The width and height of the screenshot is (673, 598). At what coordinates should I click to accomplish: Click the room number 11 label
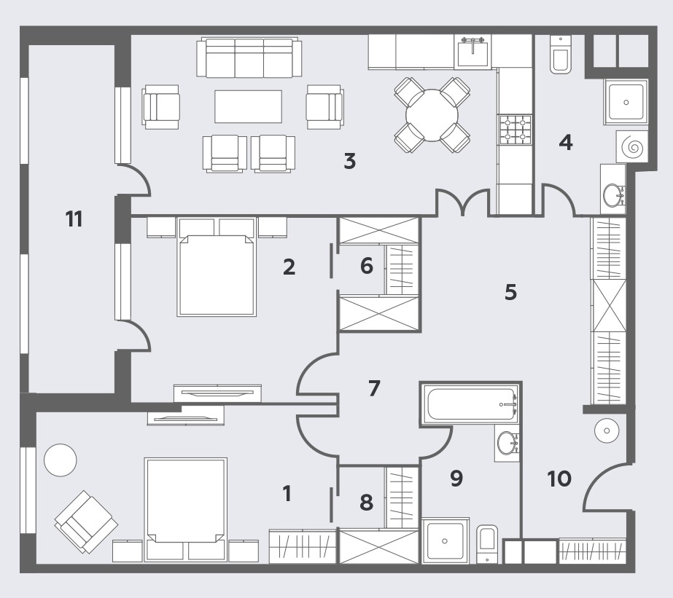pyautogui.click(x=74, y=219)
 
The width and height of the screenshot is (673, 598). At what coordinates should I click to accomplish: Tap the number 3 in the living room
pyautogui.click(x=350, y=161)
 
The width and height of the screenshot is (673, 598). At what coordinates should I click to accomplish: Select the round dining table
pyautogui.click(x=432, y=115)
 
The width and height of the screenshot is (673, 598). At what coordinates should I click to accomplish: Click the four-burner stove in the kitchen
pyautogui.click(x=515, y=129)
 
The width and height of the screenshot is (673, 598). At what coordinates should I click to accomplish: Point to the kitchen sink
pyautogui.click(x=472, y=52)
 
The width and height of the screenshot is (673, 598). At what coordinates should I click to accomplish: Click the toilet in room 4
pyautogui.click(x=560, y=55)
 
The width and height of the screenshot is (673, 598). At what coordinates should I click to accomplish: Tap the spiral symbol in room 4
pyautogui.click(x=632, y=146)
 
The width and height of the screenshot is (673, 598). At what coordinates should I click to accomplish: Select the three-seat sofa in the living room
pyautogui.click(x=249, y=58)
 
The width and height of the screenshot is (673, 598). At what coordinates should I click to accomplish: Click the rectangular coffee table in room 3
pyautogui.click(x=249, y=106)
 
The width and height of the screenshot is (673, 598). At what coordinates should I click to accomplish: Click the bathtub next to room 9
pyautogui.click(x=471, y=404)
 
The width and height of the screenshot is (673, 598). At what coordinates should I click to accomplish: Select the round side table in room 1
pyautogui.click(x=61, y=460)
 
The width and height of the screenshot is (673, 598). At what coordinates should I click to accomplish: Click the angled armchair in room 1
pyautogui.click(x=86, y=522)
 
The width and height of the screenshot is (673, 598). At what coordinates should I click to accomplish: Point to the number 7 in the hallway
pyautogui.click(x=374, y=388)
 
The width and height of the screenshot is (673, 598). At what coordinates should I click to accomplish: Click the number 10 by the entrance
pyautogui.click(x=559, y=479)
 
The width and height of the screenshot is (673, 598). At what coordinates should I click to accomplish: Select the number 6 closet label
pyautogui.click(x=367, y=266)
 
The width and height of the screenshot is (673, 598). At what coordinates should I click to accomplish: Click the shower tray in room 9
pyautogui.click(x=446, y=540)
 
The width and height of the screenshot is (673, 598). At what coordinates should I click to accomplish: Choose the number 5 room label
pyautogui.click(x=510, y=292)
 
